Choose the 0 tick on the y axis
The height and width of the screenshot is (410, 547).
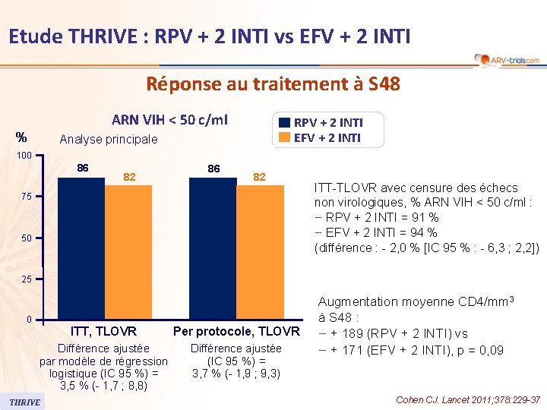click(28, 320)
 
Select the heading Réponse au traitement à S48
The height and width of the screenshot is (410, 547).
click(273, 84)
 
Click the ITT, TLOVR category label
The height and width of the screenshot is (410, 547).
click(103, 331)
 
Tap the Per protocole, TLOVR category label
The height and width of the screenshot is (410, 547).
click(236, 331)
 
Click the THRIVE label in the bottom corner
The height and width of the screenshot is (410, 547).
click(25, 402)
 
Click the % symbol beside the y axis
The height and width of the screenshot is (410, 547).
click(22, 137)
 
